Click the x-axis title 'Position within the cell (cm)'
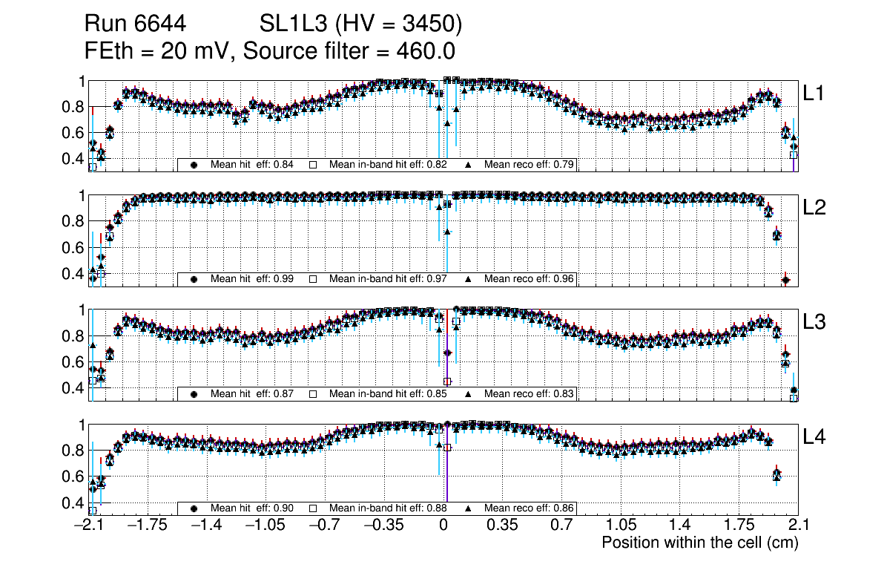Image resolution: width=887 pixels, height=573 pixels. click(x=699, y=543)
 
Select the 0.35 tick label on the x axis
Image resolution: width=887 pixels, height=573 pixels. click(x=502, y=525)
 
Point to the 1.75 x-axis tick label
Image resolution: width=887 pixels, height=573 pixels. click(x=739, y=525)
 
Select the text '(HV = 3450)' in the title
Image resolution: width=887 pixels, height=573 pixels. click(x=396, y=24)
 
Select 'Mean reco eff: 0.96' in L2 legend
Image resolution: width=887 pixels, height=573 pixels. click(x=530, y=279)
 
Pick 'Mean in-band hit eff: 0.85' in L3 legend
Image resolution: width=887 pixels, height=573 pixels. click(x=388, y=393)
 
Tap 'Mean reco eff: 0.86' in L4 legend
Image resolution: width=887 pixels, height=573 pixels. click(x=530, y=508)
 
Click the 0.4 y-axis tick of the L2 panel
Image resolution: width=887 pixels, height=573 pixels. click(x=75, y=274)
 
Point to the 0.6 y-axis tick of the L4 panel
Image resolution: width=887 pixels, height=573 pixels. click(x=75, y=477)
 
